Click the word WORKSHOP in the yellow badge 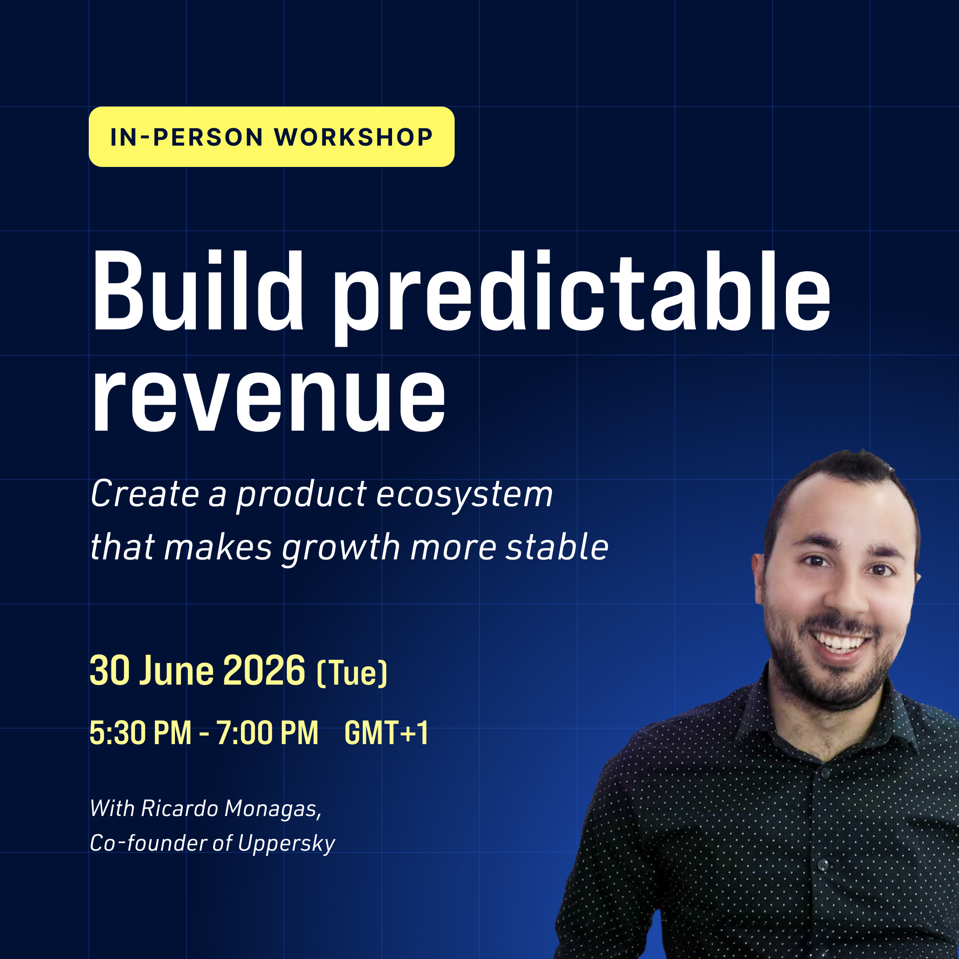click(354, 138)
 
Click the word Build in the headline click(198, 291)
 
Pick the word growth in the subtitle click(341, 549)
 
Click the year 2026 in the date click(264, 670)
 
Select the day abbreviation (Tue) click(352, 673)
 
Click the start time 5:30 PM click(140, 733)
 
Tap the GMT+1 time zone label click(386, 733)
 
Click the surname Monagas click(273, 808)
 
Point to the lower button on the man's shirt click(823, 865)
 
